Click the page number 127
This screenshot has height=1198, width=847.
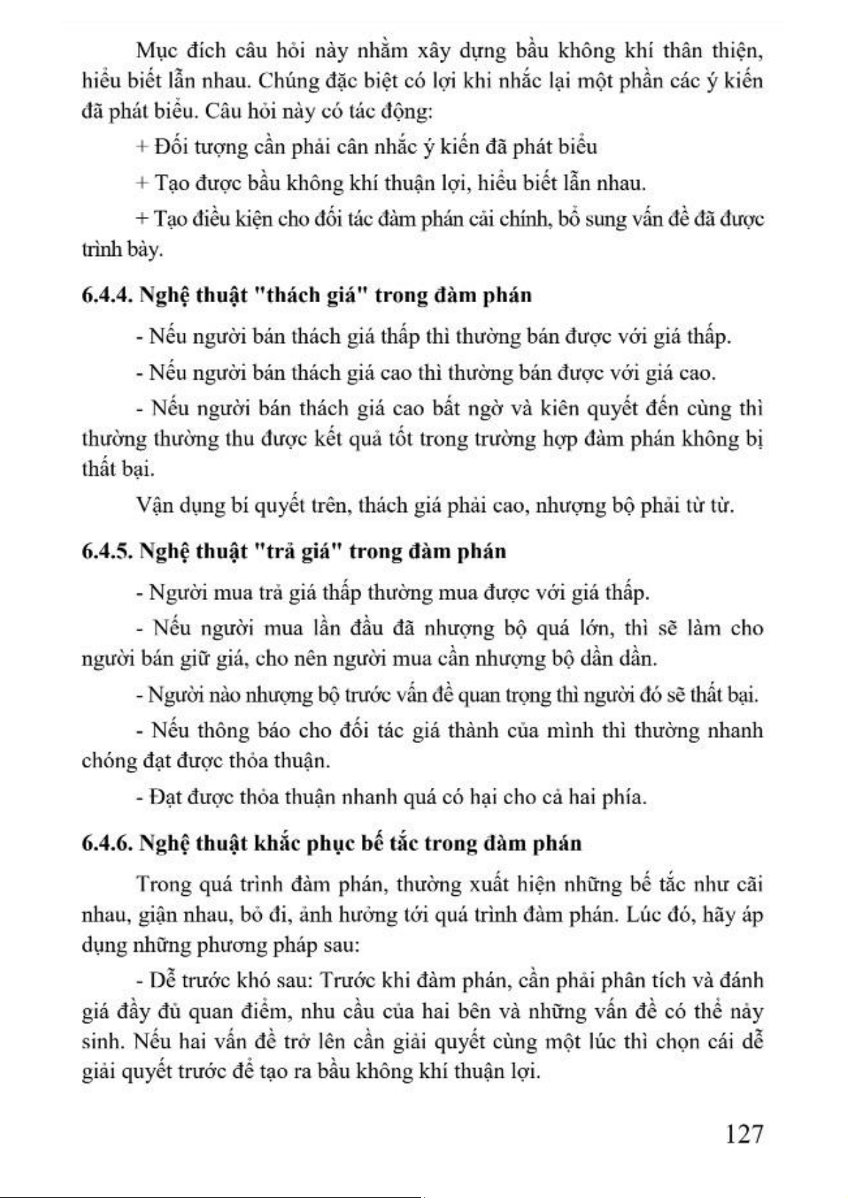coord(744,1134)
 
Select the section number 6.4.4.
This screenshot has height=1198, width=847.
coord(107,295)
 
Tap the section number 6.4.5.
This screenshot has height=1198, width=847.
coord(107,551)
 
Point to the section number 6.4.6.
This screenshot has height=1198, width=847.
coord(107,843)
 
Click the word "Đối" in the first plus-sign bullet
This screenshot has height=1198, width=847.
coord(169,147)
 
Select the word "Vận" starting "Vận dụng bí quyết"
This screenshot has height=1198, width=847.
coord(151,506)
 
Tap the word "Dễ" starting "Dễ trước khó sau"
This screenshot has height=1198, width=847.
coord(162,980)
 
